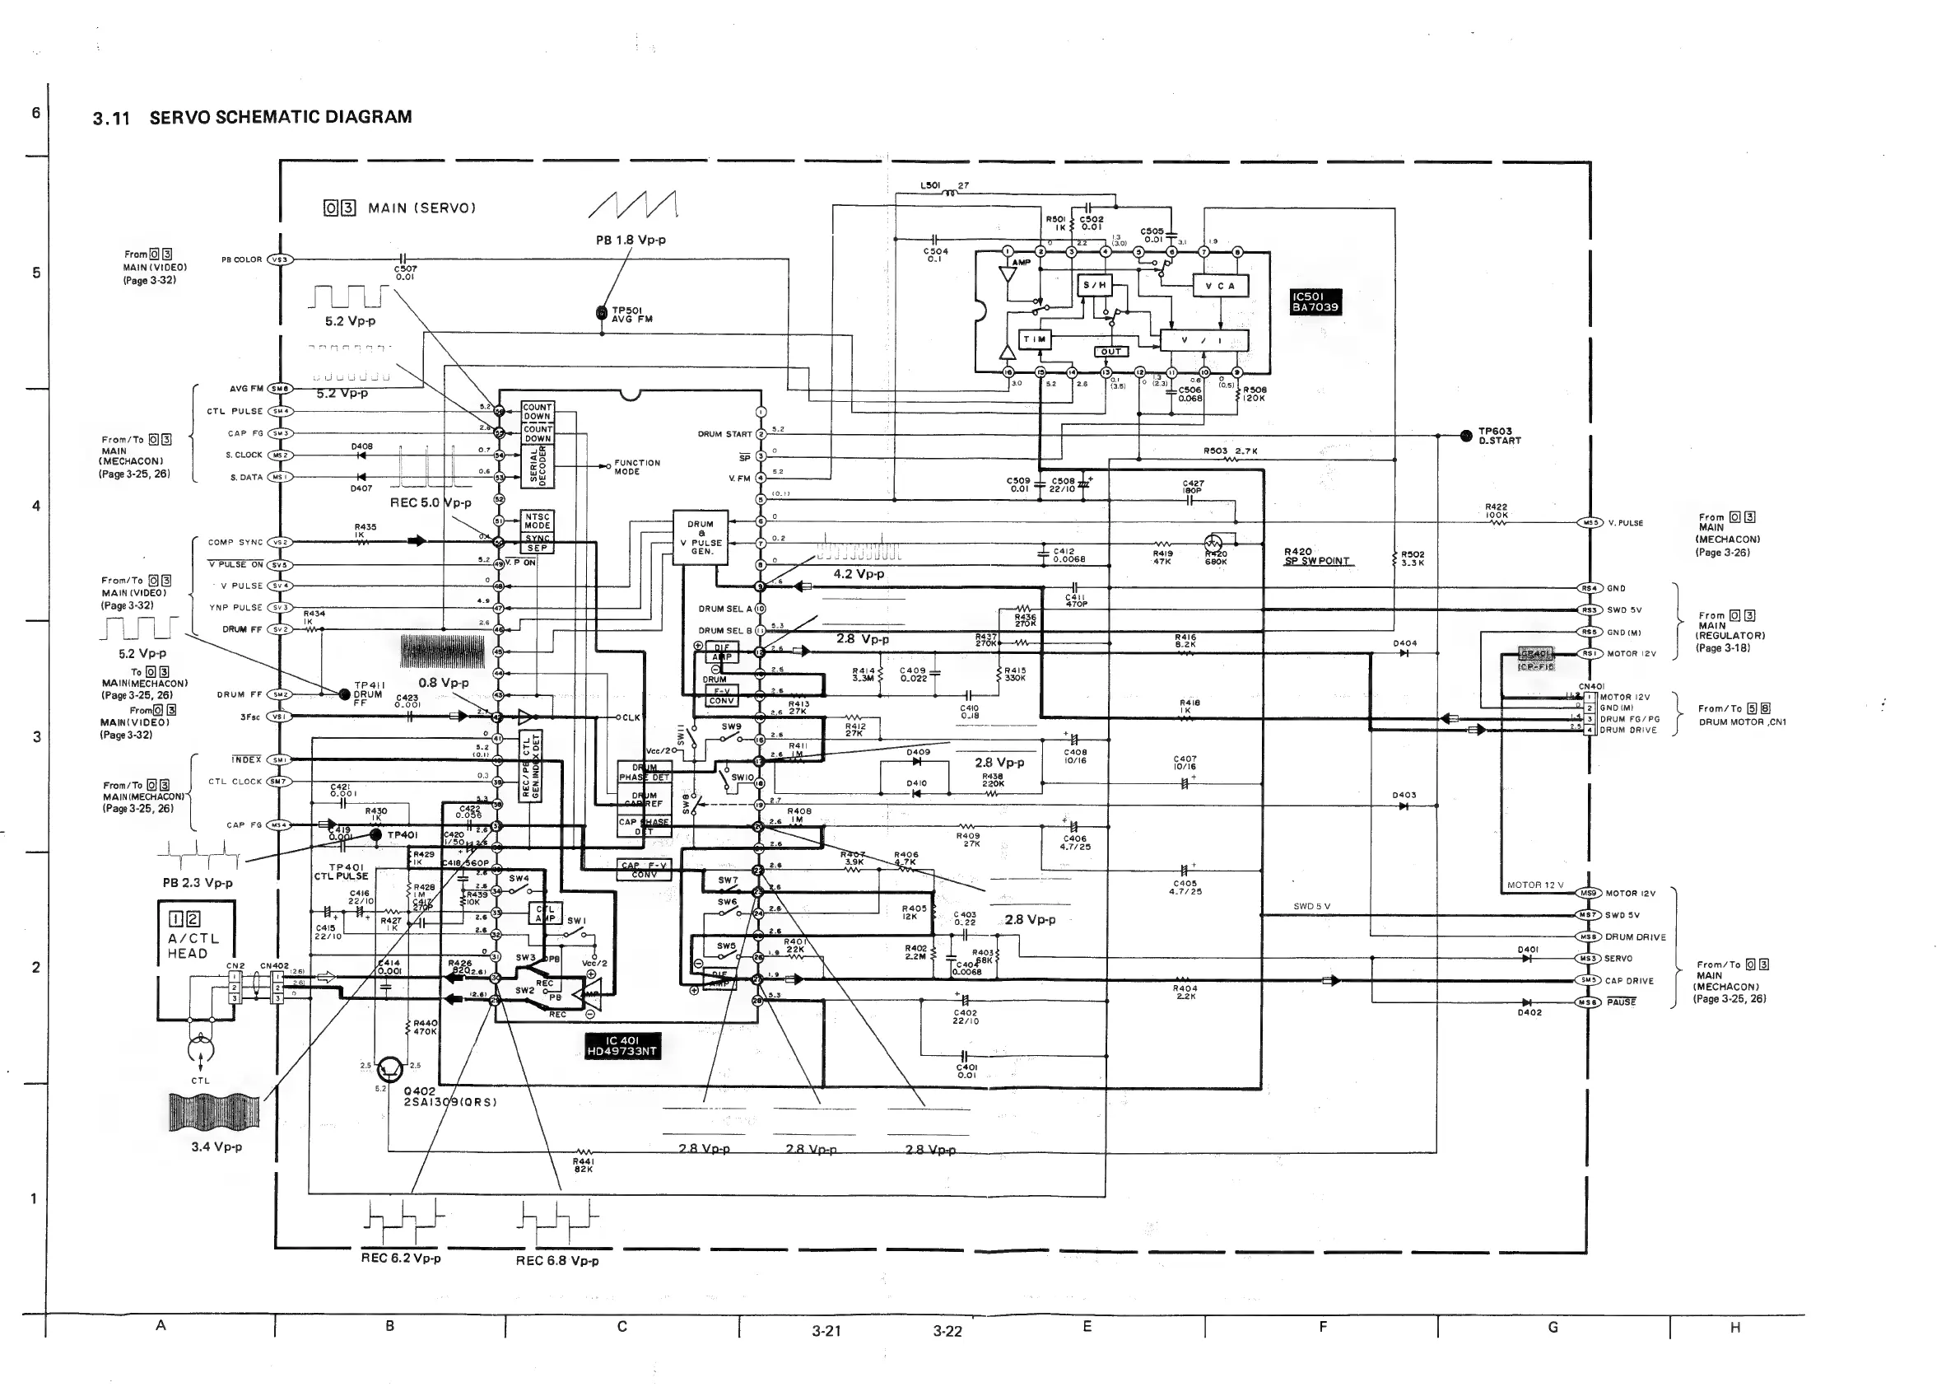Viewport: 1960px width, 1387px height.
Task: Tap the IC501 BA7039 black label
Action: coord(1315,301)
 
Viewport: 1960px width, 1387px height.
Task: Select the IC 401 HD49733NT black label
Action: coord(622,1045)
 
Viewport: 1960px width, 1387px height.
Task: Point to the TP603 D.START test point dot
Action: coord(1466,436)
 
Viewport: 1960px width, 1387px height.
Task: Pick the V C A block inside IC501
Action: coord(1220,285)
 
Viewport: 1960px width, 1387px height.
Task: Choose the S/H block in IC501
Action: coord(1094,285)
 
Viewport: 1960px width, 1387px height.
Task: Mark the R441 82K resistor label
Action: coord(584,1165)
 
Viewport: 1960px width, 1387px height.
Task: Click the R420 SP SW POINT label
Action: coord(1316,556)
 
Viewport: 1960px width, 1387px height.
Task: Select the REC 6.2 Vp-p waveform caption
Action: coord(400,1258)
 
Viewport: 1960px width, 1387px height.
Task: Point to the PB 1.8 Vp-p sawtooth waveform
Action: coord(632,206)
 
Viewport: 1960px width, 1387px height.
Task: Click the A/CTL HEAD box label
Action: coord(193,946)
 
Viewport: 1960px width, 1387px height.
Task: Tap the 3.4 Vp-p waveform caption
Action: coord(216,1146)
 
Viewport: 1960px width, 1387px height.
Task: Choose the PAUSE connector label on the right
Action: coord(1620,1002)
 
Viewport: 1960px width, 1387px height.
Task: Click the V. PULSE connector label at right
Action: coord(1625,523)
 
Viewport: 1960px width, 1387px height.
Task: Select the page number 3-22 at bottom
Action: coord(947,1331)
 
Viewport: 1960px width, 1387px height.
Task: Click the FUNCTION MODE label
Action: coord(637,466)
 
